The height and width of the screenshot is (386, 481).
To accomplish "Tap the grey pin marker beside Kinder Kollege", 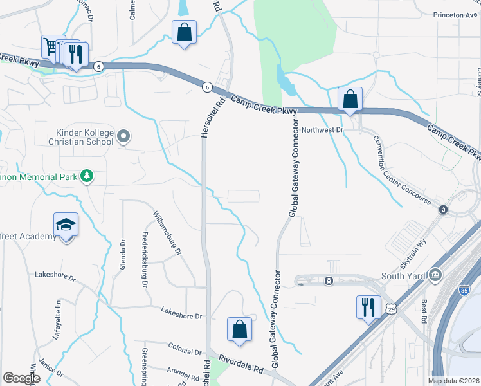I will (x=124, y=136).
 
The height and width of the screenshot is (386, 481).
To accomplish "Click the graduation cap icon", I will (x=66, y=225).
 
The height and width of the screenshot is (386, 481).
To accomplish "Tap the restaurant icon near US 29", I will (x=368, y=306).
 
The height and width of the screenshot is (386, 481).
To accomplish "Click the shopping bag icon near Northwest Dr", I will (x=350, y=99).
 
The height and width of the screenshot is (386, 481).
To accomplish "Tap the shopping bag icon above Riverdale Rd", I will (x=239, y=329).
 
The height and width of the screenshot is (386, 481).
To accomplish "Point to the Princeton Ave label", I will (x=456, y=14).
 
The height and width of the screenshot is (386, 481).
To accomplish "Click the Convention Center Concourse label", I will (x=404, y=173).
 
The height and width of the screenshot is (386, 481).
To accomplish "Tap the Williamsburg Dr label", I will (x=168, y=231).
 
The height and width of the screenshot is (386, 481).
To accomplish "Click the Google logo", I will (x=22, y=378).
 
